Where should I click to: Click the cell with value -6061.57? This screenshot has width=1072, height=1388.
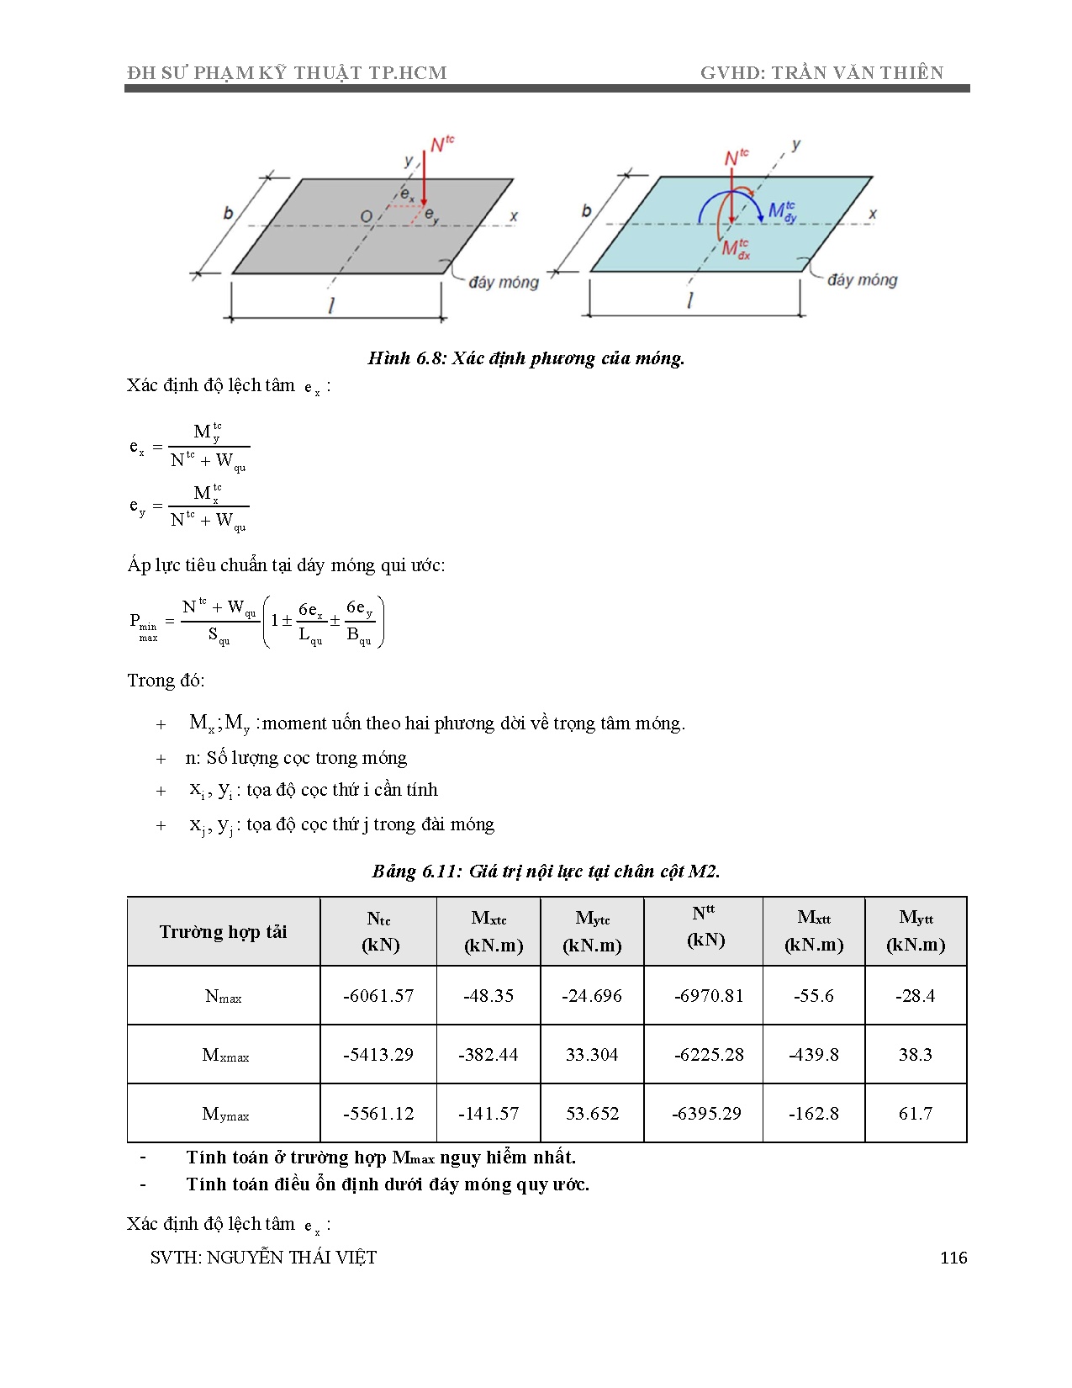378,995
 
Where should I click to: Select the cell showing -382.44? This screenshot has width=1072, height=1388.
488,1054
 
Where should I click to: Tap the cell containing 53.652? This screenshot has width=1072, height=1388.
592,1113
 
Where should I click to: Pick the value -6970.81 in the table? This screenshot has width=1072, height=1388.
709,995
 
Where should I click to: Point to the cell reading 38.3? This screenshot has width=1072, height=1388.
915,1054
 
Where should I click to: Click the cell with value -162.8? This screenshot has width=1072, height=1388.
813,1113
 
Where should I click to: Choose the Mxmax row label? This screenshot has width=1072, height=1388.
225,1055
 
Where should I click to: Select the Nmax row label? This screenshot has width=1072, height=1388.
223,996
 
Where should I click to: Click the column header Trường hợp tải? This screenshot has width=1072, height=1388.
223,931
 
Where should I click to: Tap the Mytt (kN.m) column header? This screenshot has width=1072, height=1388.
916,930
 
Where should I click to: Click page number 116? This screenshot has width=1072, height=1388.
953,1258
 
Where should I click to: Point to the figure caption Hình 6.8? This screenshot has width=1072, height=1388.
526,358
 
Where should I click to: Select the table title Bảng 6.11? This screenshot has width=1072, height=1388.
546,871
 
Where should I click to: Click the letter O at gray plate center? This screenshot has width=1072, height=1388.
367,217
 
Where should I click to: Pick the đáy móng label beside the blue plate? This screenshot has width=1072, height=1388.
862,280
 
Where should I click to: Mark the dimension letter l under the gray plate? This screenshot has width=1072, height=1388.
332,305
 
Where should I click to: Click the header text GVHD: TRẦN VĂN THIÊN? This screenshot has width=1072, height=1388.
821,73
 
